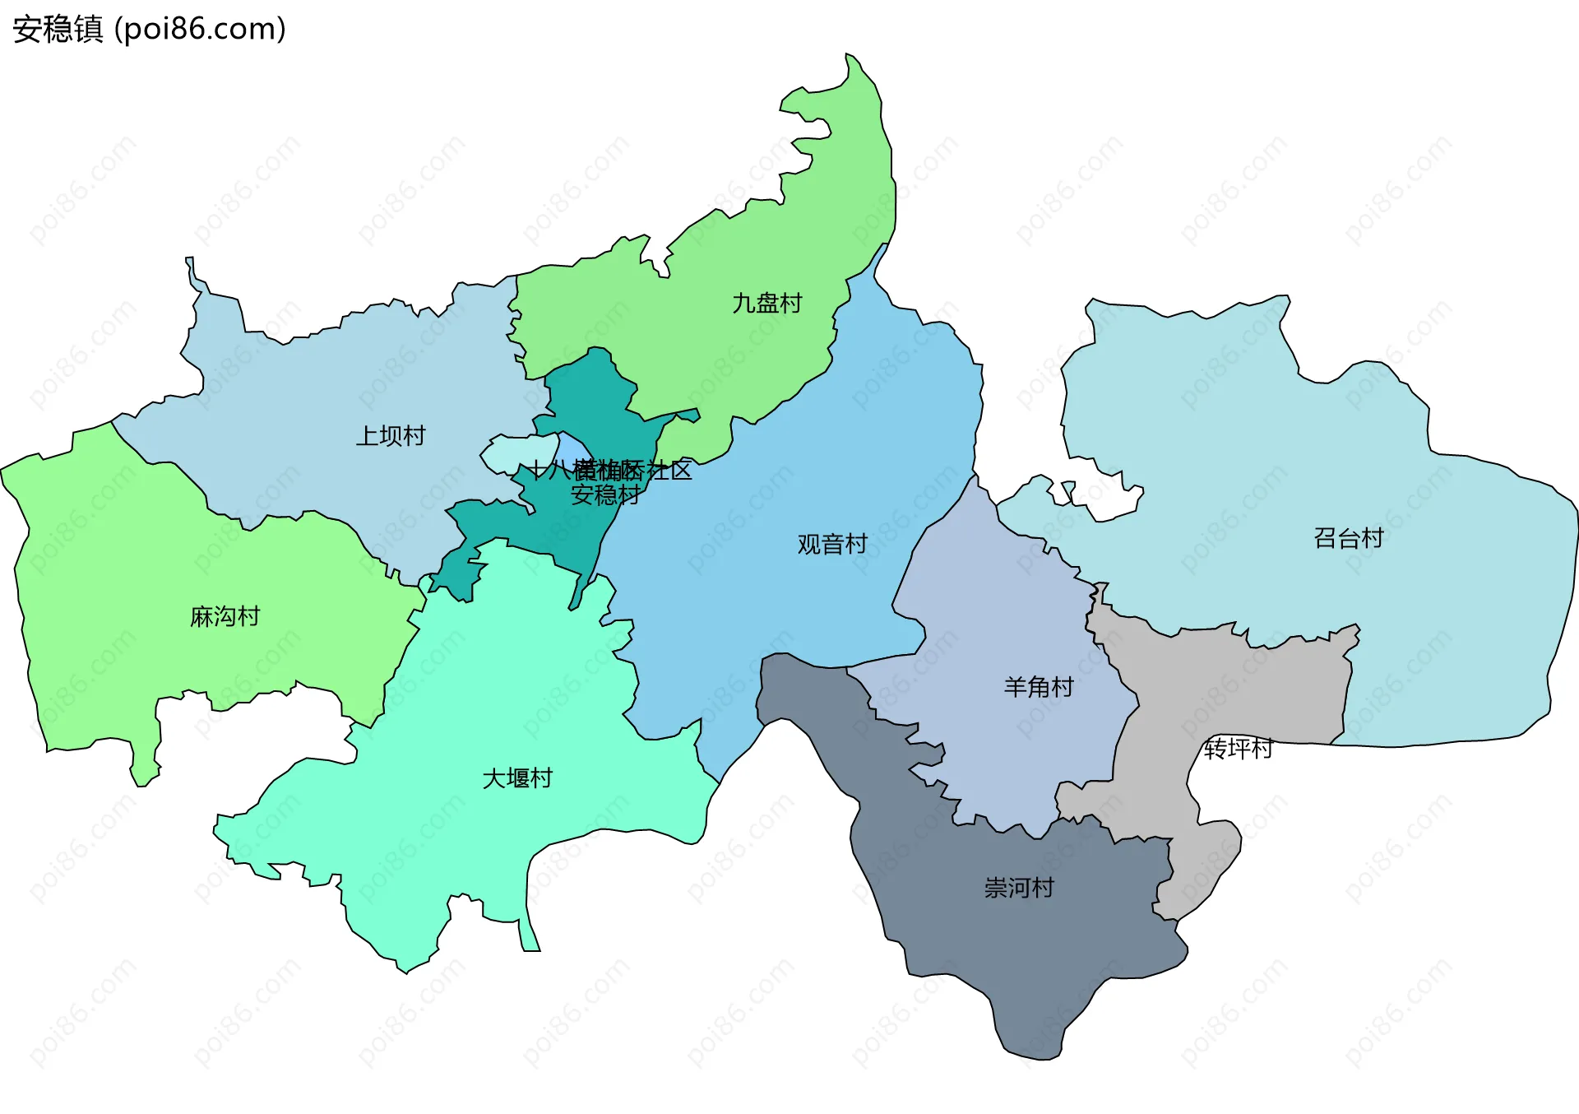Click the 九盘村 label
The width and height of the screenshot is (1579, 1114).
point(766,303)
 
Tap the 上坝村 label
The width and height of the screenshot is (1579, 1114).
point(391,435)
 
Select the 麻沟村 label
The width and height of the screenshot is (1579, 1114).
point(225,616)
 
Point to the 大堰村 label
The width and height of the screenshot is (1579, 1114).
point(517,777)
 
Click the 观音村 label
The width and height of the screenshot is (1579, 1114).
point(832,544)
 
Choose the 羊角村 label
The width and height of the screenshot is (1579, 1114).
point(1039,686)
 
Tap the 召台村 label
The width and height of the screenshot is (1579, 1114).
point(1349,538)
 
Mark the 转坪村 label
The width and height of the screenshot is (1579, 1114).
point(1239,748)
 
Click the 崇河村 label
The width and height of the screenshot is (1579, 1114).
point(1019,887)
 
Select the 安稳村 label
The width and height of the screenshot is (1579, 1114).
point(606,494)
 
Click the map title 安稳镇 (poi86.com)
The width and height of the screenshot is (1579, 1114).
point(149,29)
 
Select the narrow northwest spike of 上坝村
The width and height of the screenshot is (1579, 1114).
point(190,263)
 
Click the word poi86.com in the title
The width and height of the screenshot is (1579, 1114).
point(200,29)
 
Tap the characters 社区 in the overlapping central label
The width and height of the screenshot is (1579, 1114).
point(669,471)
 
